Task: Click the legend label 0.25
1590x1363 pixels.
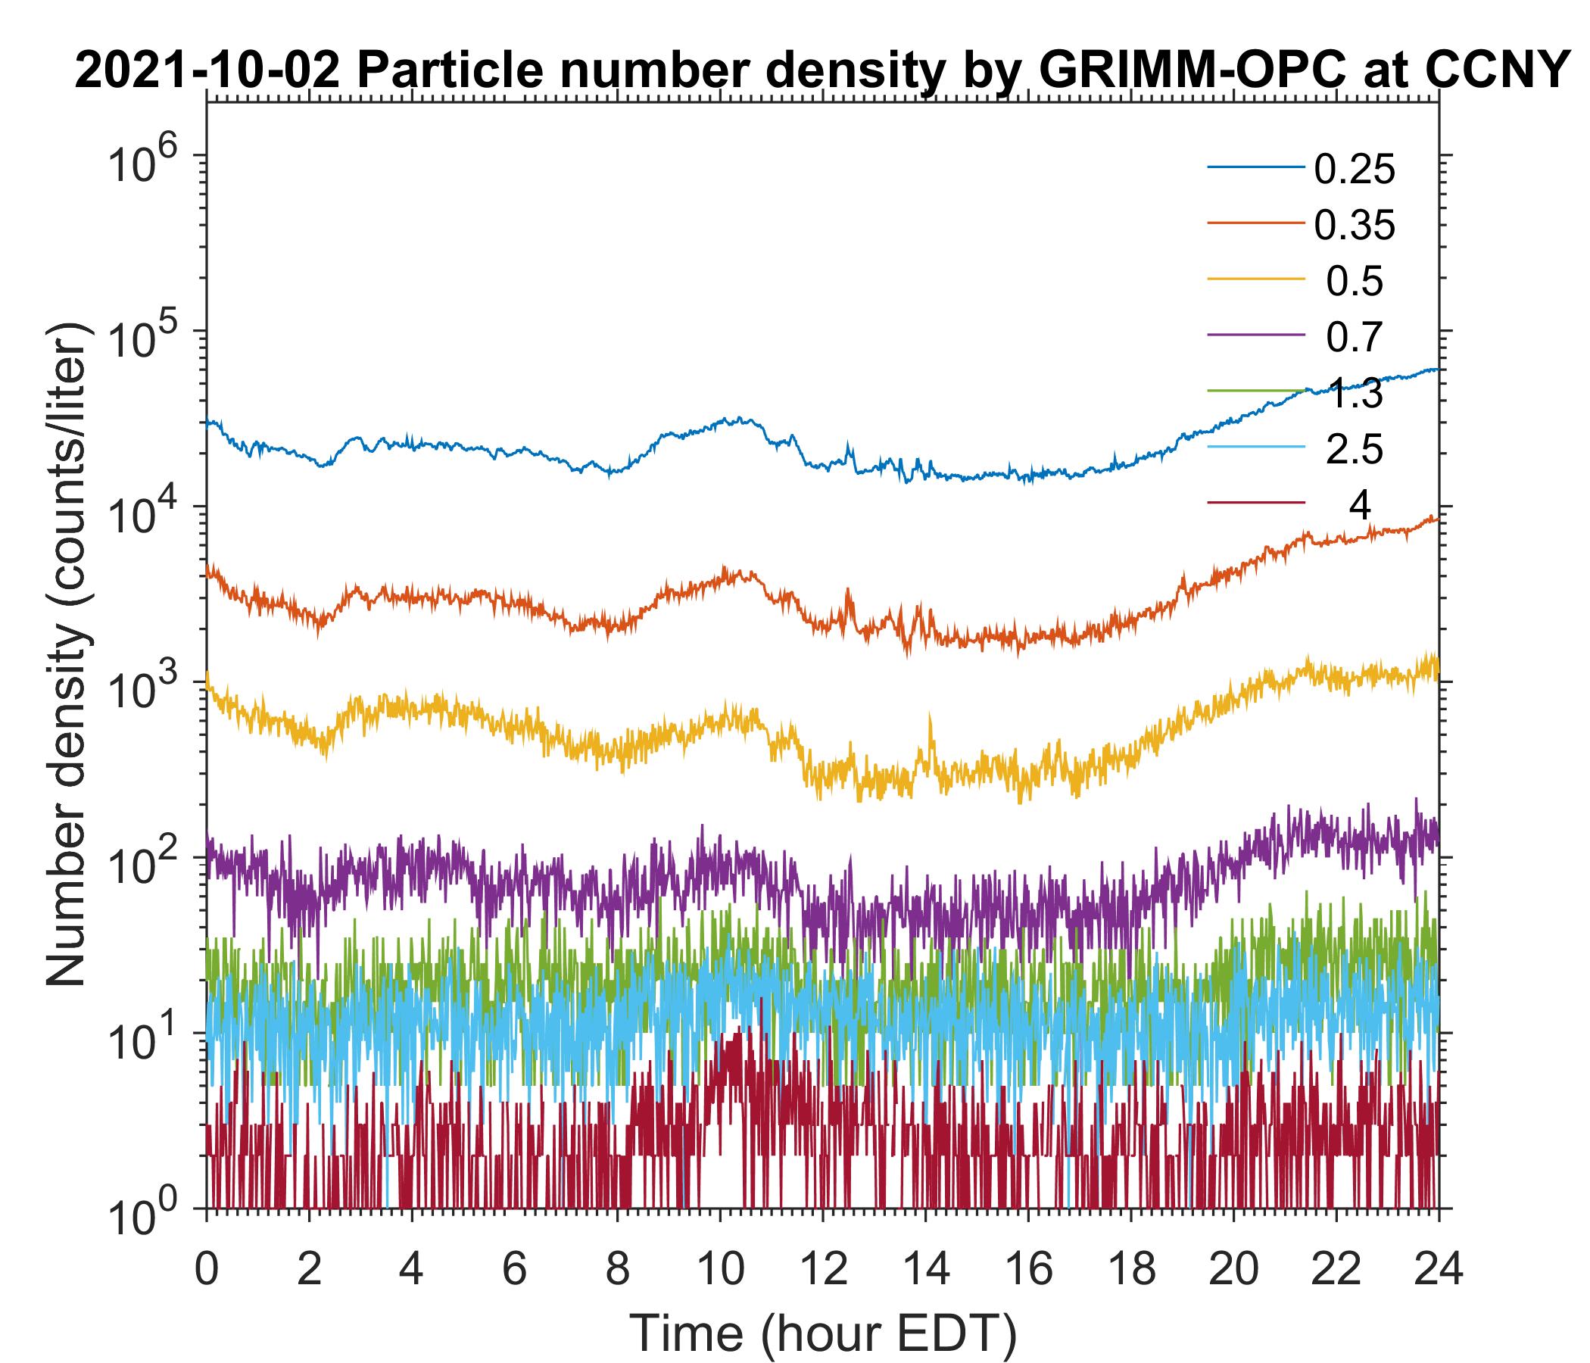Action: pyautogui.click(x=1355, y=170)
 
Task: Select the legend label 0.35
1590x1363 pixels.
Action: pyautogui.click(x=1355, y=226)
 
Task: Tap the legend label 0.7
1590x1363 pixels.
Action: pyautogui.click(x=1355, y=338)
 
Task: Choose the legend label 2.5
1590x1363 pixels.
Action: pyautogui.click(x=1355, y=450)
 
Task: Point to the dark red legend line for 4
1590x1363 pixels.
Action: pyautogui.click(x=1256, y=503)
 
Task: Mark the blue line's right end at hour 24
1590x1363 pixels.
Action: pyautogui.click(x=1437, y=370)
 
